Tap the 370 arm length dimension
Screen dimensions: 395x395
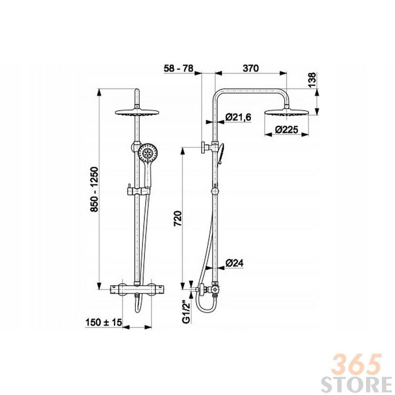point(251,68)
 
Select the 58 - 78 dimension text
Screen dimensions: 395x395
point(178,68)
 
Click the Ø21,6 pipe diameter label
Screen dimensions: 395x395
point(238,117)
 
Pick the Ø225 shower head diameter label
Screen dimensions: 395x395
point(286,130)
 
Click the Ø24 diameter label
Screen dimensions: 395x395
point(235,263)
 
